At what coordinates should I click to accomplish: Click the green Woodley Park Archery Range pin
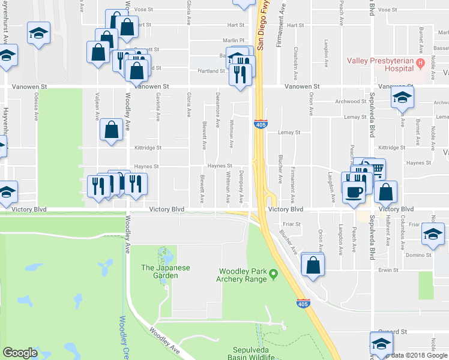[274, 275]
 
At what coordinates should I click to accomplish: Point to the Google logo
[20, 353]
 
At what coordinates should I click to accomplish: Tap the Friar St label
[291, 224]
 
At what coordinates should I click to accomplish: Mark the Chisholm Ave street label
[296, 62]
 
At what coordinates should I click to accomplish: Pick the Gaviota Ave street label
[159, 107]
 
